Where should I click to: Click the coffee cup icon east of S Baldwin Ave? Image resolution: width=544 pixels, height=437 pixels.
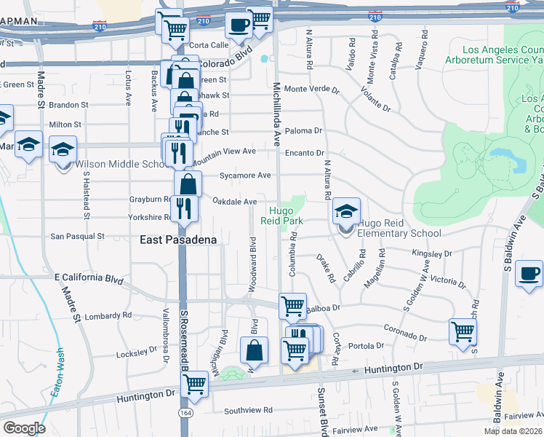click(529, 275)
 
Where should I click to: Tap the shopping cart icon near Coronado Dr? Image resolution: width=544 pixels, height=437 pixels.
click(463, 332)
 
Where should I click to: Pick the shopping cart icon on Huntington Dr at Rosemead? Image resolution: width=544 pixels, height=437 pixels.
click(194, 384)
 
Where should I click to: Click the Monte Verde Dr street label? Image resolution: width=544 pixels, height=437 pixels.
click(311, 90)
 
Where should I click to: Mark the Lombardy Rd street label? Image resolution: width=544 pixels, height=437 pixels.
click(108, 316)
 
